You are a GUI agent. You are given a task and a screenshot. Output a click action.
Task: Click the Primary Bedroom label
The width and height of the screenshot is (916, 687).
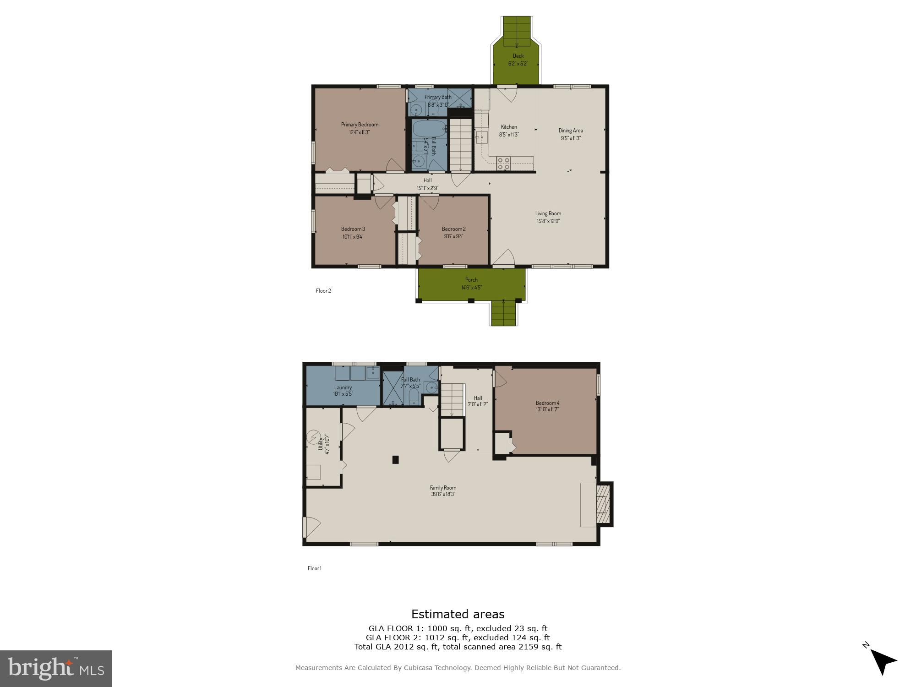[360, 125]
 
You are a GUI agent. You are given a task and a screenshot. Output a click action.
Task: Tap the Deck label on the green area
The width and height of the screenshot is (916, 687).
[518, 56]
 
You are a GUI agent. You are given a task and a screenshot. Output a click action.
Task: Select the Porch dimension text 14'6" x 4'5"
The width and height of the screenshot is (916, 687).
[471, 288]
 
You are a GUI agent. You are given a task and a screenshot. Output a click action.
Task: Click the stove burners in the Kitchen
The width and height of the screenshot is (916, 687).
[504, 164]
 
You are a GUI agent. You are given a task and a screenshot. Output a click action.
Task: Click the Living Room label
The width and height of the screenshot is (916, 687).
[548, 213]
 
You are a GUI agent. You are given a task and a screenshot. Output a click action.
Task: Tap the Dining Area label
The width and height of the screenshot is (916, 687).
[571, 131]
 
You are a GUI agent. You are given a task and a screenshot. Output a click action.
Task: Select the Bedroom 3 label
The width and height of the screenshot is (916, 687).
[353, 229]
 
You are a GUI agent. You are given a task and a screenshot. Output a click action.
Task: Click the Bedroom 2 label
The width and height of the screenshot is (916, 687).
[453, 229]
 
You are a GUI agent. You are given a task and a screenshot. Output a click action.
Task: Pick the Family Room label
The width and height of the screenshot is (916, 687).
[443, 488]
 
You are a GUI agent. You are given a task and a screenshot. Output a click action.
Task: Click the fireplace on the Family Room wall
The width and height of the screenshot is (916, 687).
[603, 504]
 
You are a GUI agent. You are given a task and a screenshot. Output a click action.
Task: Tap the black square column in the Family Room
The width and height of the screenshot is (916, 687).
[396, 460]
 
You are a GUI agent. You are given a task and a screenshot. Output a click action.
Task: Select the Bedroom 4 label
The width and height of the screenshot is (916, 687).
[547, 403]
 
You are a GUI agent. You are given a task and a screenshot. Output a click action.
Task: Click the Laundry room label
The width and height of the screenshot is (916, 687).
[343, 387]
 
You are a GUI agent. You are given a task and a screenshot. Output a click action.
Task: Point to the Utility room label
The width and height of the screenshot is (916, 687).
[321, 443]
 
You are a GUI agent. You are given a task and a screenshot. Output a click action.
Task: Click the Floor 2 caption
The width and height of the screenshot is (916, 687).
[323, 290]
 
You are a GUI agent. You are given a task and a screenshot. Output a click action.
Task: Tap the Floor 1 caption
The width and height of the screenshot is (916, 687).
[315, 568]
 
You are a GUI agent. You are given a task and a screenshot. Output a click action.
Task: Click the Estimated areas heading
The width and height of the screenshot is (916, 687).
[458, 614]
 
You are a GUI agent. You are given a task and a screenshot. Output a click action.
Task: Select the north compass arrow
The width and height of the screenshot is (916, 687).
[883, 661]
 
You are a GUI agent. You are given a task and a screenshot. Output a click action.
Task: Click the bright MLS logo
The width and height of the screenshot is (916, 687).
[56, 668]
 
